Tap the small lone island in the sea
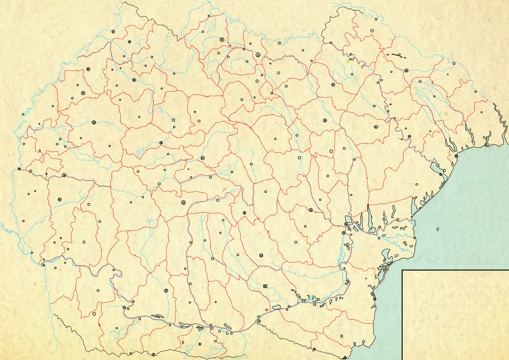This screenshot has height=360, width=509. click(437, 229)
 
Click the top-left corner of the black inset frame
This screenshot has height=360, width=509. click(402, 270)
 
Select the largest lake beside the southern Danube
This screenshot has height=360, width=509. click(277, 307)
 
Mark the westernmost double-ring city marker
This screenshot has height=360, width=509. click(19, 169)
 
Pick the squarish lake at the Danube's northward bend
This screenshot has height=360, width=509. click(348, 219)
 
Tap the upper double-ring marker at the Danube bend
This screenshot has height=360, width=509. click(346, 225)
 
